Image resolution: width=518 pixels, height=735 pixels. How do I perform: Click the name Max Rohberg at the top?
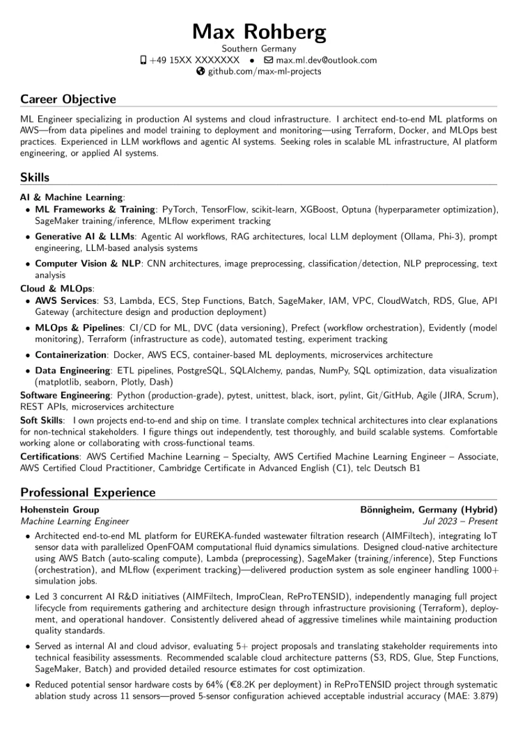(x=259, y=31)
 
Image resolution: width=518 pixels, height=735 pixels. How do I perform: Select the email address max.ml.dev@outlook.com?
(x=325, y=60)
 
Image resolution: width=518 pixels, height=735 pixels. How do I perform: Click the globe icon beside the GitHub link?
(x=201, y=72)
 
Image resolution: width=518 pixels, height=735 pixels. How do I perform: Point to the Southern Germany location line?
(x=259, y=49)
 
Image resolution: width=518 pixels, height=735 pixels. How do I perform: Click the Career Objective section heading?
(x=68, y=99)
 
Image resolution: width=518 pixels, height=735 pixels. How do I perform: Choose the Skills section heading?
(x=35, y=177)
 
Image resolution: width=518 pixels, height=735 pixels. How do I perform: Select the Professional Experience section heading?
(x=88, y=492)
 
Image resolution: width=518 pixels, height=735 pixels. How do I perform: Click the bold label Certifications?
(x=50, y=456)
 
